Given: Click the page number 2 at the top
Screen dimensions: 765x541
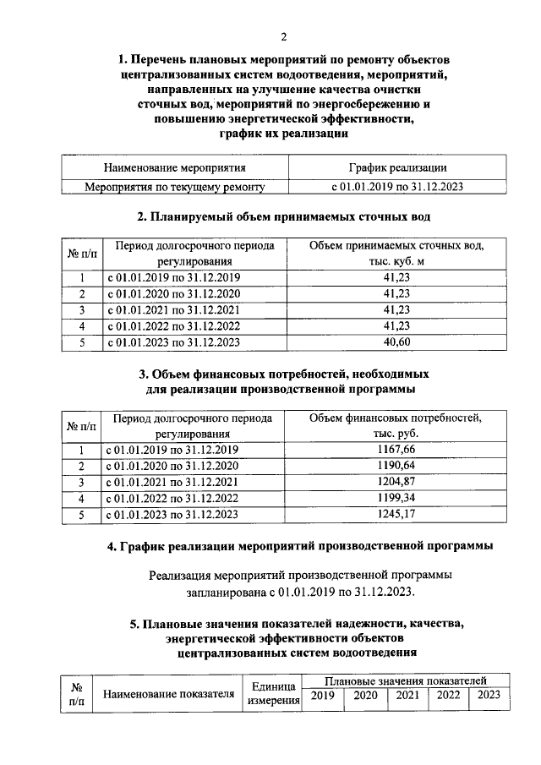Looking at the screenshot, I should click(284, 36).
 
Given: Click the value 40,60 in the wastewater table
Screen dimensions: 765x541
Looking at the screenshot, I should click(396, 342).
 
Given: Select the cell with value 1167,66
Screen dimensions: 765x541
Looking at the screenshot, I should click(396, 450).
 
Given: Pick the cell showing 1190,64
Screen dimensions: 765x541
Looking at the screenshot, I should click(396, 466).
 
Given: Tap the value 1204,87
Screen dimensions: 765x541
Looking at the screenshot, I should click(396, 482).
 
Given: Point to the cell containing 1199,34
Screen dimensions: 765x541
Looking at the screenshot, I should click(396, 498).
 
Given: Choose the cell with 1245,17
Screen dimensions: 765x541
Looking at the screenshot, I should click(396, 514).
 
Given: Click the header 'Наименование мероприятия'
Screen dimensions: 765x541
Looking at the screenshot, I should click(175, 168).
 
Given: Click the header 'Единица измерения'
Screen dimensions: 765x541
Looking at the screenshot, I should click(272, 694).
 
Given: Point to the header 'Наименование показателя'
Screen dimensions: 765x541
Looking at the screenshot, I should click(167, 694).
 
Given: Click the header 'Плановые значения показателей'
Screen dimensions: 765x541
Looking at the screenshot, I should click(406, 680).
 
